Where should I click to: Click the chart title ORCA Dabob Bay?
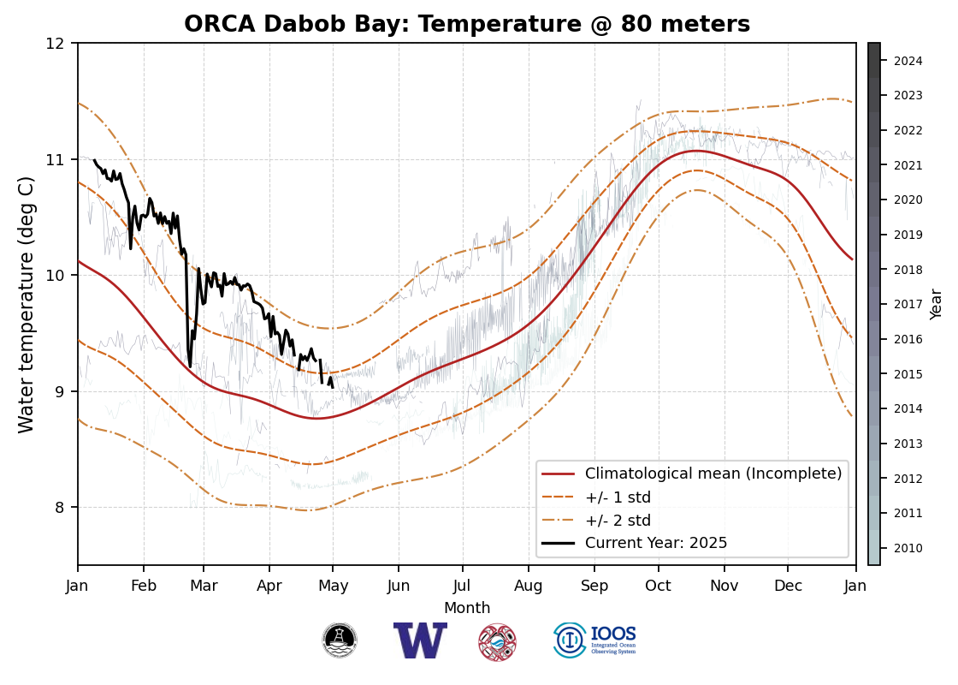(467, 25)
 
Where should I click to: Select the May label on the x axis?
(334, 587)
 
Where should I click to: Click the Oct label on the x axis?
(659, 587)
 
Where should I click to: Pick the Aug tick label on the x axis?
(529, 587)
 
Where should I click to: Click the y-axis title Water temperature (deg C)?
(27, 304)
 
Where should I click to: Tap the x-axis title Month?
(467, 608)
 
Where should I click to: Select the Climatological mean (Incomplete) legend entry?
(713, 474)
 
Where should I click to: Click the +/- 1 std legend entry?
(618, 497)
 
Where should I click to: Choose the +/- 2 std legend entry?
(618, 521)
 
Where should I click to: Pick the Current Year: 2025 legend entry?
(656, 543)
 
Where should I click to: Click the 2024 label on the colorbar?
(908, 61)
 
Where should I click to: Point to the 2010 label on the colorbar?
(908, 548)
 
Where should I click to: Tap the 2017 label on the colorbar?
(908, 304)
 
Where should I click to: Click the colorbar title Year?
(937, 304)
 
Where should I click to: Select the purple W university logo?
(420, 640)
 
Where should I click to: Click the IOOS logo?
(595, 640)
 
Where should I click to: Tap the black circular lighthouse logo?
(340, 640)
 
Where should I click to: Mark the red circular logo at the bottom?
(497, 641)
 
